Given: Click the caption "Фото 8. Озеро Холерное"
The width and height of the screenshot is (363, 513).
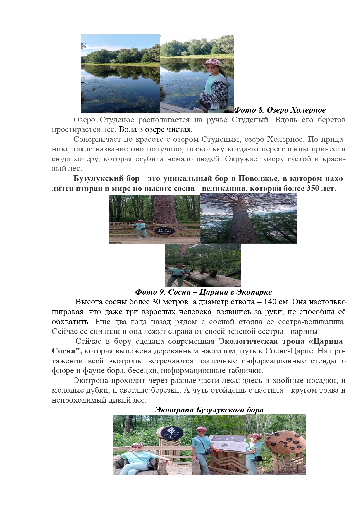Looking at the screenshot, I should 280,110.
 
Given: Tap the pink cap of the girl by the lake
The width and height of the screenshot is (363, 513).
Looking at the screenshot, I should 213,62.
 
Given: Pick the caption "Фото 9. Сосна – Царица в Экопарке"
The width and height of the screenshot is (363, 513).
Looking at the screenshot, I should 204,292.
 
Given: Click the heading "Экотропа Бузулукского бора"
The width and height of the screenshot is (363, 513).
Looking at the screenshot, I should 209,410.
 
